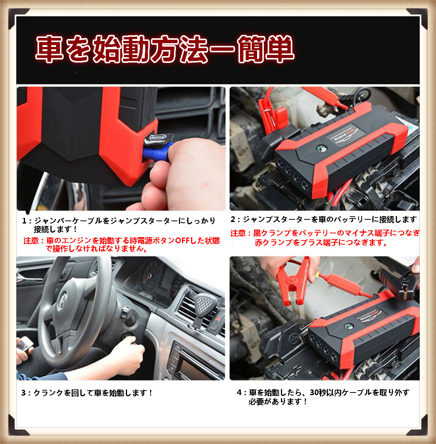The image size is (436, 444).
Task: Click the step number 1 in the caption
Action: tap(24, 221)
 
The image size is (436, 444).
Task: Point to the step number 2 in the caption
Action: tap(233, 219)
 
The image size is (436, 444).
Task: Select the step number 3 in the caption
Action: tap(24, 393)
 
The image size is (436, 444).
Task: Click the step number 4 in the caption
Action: tap(239, 393)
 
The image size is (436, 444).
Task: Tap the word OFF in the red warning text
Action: tap(183, 241)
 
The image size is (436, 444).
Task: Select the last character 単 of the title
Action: tap(280, 49)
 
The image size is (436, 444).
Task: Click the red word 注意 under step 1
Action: tap(31, 241)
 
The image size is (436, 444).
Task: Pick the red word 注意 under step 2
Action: tap(238, 233)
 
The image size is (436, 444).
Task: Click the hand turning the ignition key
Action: tap(127, 354)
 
